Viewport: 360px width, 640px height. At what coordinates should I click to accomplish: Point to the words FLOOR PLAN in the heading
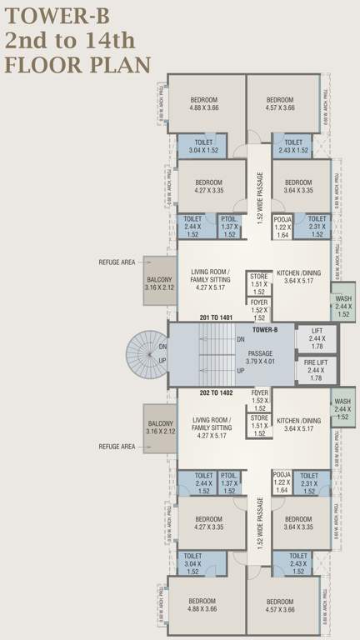(77, 65)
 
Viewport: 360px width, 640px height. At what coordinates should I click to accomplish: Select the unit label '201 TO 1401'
(215, 318)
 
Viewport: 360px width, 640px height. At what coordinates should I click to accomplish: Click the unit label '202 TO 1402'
(215, 391)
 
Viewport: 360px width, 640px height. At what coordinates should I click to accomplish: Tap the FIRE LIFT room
(317, 368)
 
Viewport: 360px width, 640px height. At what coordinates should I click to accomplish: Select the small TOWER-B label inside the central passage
(264, 331)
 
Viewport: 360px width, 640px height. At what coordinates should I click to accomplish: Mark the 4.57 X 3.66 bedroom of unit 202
(281, 605)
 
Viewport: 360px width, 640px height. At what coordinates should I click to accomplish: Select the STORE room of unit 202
(259, 425)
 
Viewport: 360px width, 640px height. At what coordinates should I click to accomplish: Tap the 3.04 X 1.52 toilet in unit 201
(203, 147)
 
